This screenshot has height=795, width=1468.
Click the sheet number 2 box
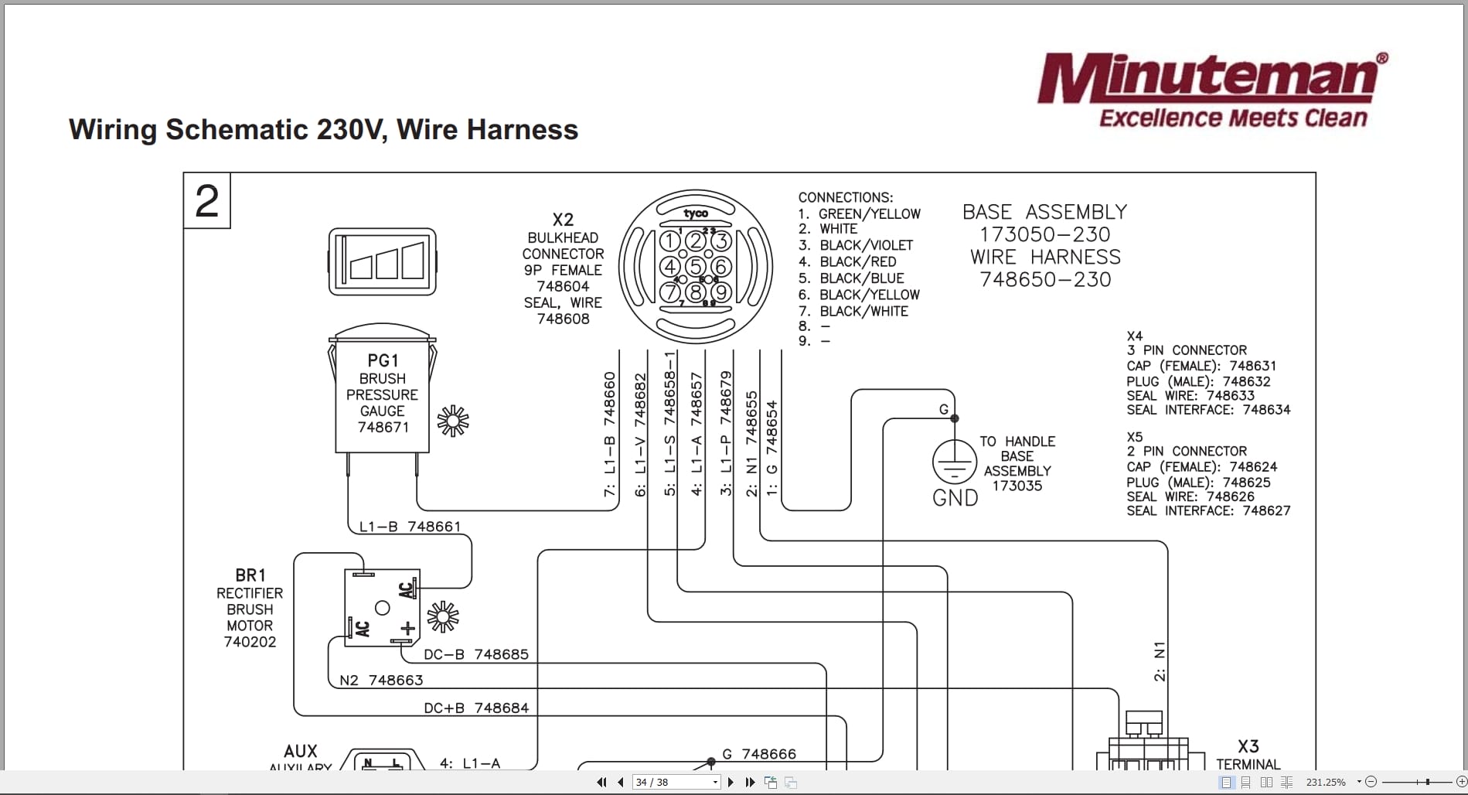click(207, 201)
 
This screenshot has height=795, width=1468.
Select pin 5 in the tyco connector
click(696, 268)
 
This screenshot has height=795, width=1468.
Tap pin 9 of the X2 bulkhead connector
click(721, 292)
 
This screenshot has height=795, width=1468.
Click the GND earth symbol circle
click(955, 462)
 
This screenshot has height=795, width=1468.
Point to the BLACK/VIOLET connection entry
click(865, 245)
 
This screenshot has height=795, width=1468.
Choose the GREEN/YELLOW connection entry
click(868, 213)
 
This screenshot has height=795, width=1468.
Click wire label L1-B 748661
click(410, 527)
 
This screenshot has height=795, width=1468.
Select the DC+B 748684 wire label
click(475, 708)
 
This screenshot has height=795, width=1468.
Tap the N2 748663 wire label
click(381, 680)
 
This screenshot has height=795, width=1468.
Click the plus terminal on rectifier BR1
click(407, 628)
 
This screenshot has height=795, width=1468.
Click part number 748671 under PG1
click(383, 427)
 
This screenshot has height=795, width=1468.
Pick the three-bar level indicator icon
click(383, 261)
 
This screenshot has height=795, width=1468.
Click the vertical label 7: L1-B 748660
click(610, 434)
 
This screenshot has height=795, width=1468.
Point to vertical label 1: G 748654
click(771, 448)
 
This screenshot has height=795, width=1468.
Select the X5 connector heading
click(1134, 437)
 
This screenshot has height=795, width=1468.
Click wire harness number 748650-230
click(1045, 279)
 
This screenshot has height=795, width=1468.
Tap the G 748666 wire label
click(758, 754)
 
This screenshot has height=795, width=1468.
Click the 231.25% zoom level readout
click(1326, 782)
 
